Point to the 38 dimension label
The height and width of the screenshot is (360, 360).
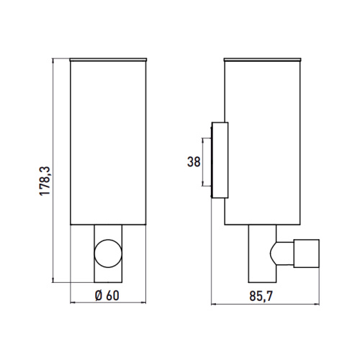coord(192,162)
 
